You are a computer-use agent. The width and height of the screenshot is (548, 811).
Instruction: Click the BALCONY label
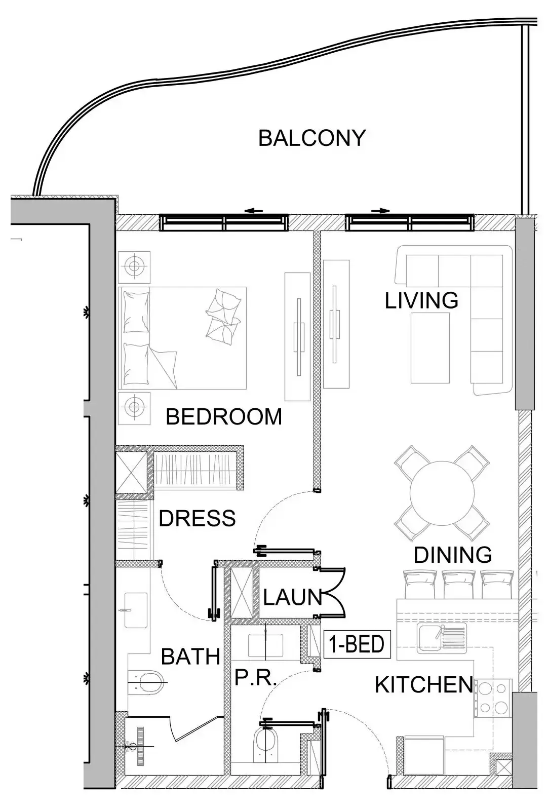point(311,138)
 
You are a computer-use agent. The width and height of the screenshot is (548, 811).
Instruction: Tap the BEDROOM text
point(224,417)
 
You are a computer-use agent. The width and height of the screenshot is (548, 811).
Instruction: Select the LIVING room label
point(421,300)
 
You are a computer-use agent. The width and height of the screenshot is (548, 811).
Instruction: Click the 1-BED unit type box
point(357,644)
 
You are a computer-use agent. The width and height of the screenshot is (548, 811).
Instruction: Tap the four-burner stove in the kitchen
point(493,698)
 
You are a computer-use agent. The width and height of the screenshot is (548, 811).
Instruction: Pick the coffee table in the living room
point(430,347)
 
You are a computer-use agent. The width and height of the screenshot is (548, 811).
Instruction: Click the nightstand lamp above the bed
point(134,266)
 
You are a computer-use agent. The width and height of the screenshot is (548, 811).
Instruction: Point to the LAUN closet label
point(292,598)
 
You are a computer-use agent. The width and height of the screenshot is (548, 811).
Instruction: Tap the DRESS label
point(197,518)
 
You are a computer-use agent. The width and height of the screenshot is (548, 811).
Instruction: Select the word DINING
point(452,555)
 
